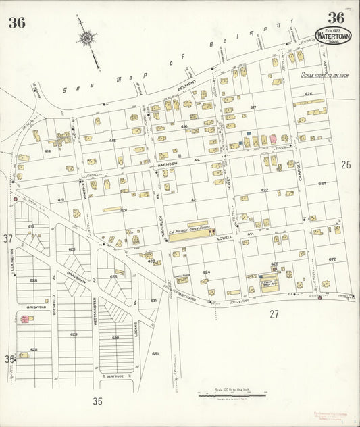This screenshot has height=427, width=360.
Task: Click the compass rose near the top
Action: pyautogui.click(x=87, y=39)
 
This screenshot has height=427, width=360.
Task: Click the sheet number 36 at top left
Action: pyautogui.click(x=17, y=22)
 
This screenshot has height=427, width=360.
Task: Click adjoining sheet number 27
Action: pyautogui.click(x=274, y=313)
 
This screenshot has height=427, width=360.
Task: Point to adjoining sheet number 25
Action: pyautogui.click(x=346, y=164)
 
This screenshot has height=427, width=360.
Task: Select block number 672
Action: pyautogui.click(x=332, y=259)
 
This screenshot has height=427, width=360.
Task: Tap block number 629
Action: pyautogui.click(x=74, y=334)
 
